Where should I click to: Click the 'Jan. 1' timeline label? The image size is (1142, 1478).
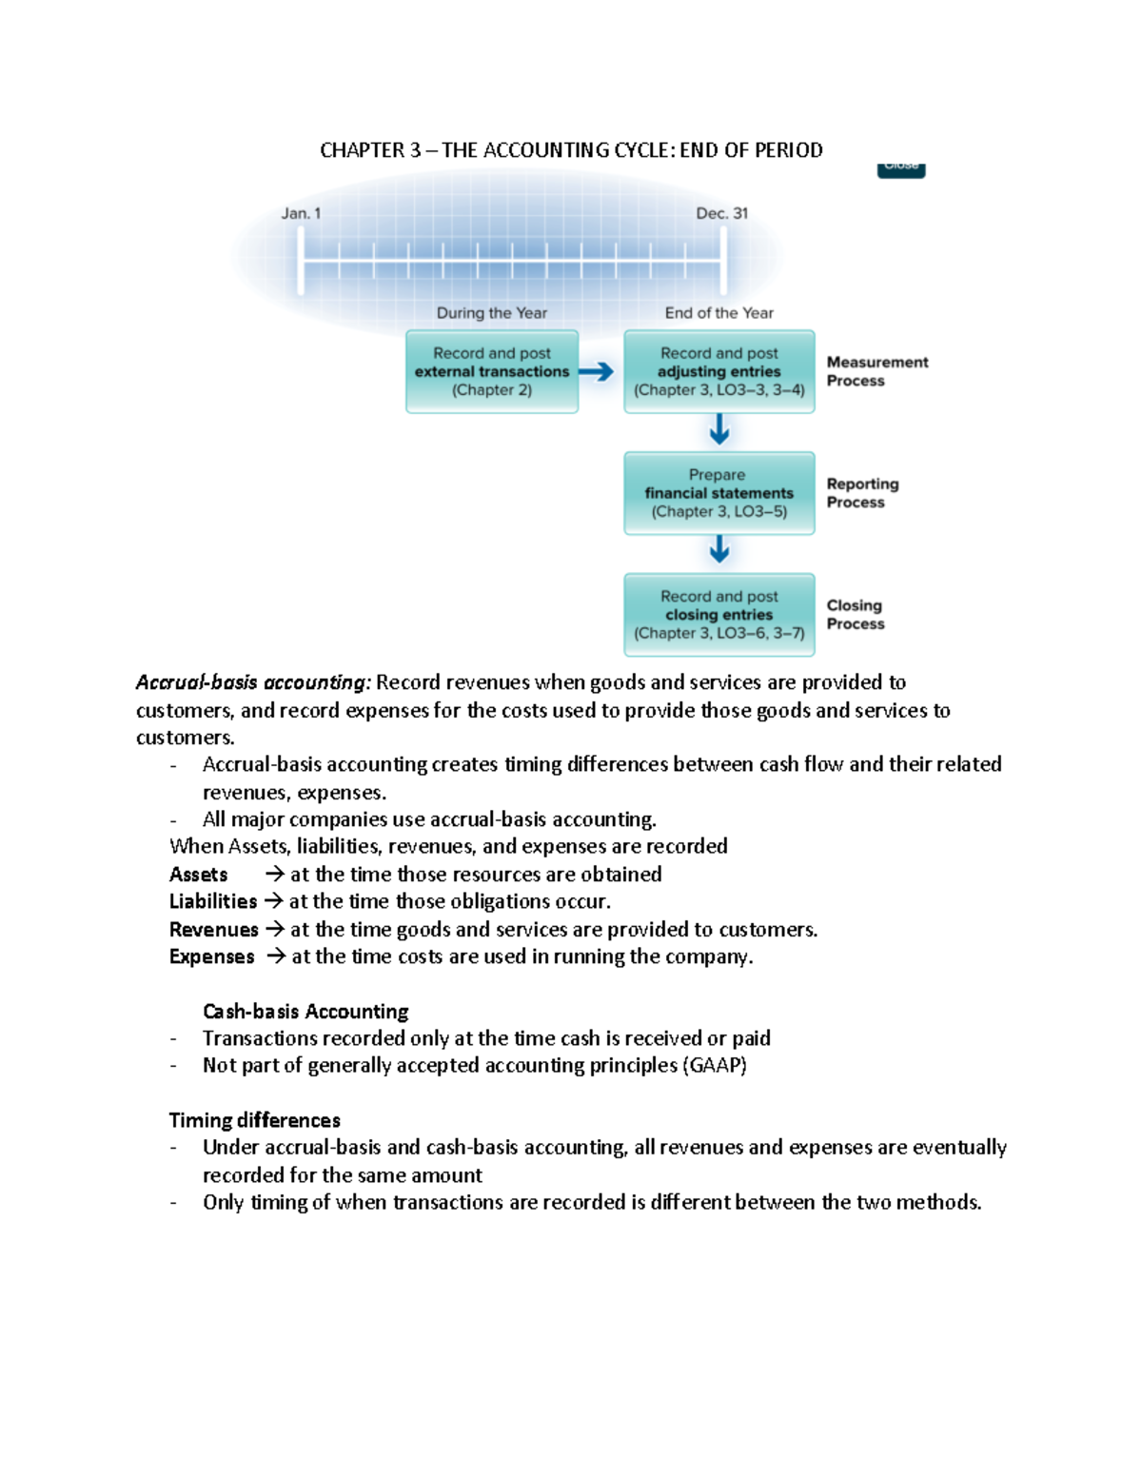(301, 213)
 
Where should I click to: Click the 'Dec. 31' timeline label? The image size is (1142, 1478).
(721, 213)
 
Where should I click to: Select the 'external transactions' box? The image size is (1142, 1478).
(492, 372)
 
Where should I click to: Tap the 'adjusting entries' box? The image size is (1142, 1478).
(719, 372)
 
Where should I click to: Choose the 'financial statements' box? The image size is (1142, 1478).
(719, 493)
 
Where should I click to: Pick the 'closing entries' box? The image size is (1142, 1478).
(719, 615)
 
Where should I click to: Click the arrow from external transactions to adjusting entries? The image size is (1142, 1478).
(597, 372)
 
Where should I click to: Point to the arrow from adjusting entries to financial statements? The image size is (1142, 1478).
(719, 430)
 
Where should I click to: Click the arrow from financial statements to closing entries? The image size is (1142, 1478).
(719, 550)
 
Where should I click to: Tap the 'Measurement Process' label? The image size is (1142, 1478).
(876, 371)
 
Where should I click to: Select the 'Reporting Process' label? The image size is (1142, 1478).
(862, 493)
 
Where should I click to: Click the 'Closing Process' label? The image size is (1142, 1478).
(855, 615)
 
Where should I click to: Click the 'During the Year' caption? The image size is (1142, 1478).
(491, 313)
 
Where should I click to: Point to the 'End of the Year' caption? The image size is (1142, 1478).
(719, 313)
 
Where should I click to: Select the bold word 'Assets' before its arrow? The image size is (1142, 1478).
(198, 875)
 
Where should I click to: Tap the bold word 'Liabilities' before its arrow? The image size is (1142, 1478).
(213, 901)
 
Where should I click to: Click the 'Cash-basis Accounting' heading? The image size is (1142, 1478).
(305, 1011)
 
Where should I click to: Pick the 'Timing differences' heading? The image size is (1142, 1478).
(254, 1120)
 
